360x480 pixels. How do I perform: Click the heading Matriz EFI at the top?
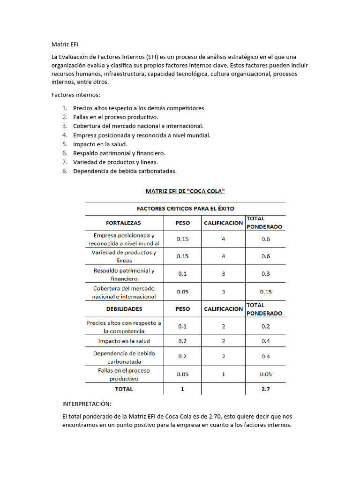65,45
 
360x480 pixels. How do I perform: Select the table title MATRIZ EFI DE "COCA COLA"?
185,191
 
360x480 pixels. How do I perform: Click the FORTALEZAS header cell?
123,223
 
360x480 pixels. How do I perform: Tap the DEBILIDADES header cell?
124,309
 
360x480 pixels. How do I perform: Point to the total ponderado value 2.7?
266,389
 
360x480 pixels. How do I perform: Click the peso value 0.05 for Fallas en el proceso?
182,374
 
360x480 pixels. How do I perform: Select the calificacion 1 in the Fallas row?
223,374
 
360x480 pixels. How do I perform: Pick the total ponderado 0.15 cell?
266,292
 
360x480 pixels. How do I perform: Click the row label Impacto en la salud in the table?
124,341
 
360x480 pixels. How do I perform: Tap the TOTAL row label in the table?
124,389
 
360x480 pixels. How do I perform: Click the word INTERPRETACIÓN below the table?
87,404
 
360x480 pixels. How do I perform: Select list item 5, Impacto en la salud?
100,144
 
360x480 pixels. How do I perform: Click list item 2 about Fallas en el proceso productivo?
115,117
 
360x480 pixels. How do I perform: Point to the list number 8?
65,171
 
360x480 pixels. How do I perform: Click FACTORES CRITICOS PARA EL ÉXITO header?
185,209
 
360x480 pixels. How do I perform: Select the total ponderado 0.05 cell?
266,374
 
